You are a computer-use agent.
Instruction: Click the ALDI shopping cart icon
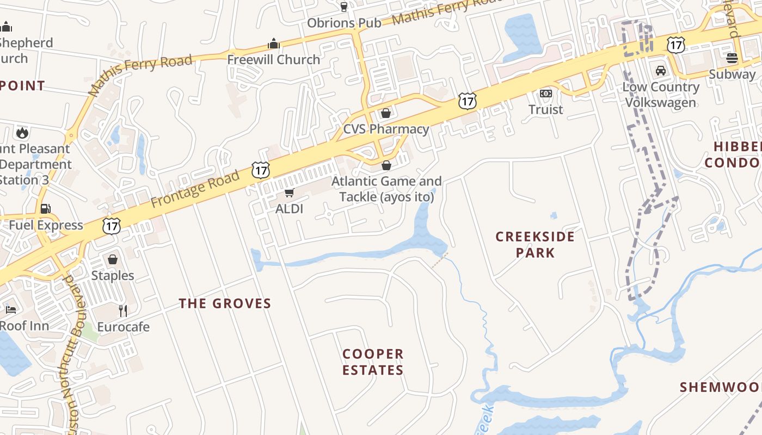tap(290, 193)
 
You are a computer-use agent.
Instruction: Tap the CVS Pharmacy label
tap(386, 129)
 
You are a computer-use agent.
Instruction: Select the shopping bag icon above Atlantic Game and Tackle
tap(386, 165)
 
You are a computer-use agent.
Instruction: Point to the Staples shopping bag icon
tap(113, 259)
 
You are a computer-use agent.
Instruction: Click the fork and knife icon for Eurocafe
tap(123, 310)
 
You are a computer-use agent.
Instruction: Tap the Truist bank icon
tap(545, 94)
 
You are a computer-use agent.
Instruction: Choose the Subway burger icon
tap(732, 58)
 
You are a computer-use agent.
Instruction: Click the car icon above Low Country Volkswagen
tap(660, 71)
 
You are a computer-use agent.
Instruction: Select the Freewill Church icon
tap(273, 43)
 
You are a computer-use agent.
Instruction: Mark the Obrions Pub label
tap(344, 23)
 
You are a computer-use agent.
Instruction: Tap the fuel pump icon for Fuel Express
tap(46, 209)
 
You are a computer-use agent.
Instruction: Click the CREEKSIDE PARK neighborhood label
tap(535, 245)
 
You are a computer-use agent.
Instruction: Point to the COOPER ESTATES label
tap(373, 362)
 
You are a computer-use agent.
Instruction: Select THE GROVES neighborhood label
tap(225, 303)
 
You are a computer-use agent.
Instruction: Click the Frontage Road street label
tap(195, 189)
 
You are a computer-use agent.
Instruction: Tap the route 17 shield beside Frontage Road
tap(261, 170)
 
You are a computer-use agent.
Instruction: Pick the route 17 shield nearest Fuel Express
tap(112, 226)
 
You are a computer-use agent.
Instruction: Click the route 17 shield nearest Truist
tap(467, 101)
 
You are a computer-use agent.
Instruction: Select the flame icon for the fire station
tap(22, 133)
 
